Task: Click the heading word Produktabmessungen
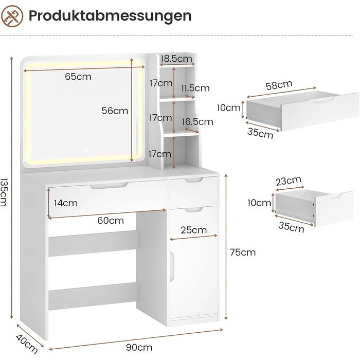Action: (x=110, y=16)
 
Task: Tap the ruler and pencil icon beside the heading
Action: (x=12, y=16)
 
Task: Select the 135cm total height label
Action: (x=4, y=192)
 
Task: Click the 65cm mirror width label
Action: (x=78, y=77)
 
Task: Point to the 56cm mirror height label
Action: (x=115, y=111)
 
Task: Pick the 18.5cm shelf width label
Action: (x=176, y=59)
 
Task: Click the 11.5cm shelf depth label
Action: (x=195, y=88)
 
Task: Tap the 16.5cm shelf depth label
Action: (x=197, y=122)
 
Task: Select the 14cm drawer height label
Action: (x=66, y=203)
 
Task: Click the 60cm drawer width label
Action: (x=111, y=221)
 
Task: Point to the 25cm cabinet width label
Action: (x=194, y=230)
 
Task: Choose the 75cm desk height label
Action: (x=243, y=253)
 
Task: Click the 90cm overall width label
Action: (x=139, y=347)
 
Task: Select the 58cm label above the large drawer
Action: (x=279, y=85)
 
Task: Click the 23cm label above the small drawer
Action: (x=289, y=181)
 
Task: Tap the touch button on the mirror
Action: (x=85, y=150)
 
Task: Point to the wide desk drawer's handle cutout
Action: (x=109, y=186)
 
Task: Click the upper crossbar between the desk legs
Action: (x=93, y=243)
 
